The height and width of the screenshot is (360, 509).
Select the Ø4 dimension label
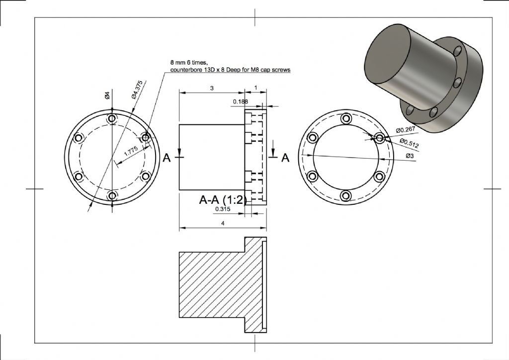(x=107, y=95)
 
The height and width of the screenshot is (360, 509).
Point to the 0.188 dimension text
(x=241, y=101)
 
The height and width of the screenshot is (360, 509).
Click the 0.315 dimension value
(x=223, y=209)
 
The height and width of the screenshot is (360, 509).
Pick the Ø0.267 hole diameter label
(x=406, y=130)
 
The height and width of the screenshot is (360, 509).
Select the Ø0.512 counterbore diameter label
(x=409, y=143)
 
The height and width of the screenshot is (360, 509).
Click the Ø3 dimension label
(x=410, y=156)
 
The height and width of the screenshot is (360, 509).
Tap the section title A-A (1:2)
(x=223, y=199)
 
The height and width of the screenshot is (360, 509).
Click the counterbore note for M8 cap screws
(x=230, y=66)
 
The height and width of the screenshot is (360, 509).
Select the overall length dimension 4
(x=223, y=223)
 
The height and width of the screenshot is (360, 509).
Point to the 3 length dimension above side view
(x=212, y=88)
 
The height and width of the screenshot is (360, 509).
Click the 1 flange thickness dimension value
(x=256, y=88)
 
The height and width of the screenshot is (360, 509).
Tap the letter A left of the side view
(x=167, y=158)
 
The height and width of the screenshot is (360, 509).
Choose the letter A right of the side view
(x=285, y=158)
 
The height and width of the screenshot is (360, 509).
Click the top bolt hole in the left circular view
(x=112, y=118)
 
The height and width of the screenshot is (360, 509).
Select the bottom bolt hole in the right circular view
(x=346, y=195)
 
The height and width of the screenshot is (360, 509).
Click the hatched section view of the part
(x=223, y=285)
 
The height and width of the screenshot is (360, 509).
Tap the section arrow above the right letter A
(x=273, y=148)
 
